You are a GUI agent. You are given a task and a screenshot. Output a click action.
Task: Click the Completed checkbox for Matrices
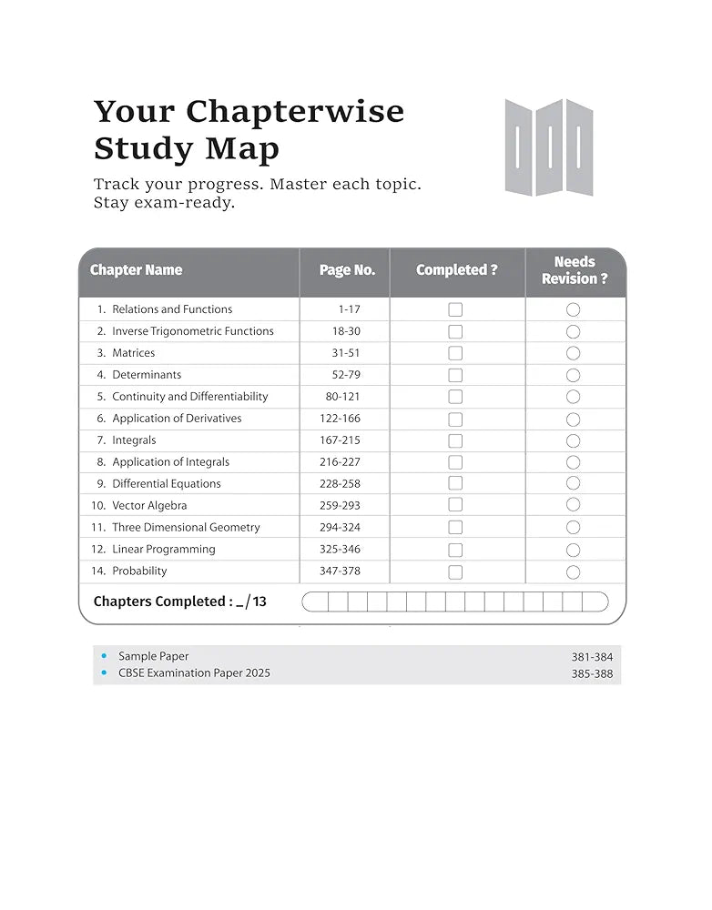pos(455,353)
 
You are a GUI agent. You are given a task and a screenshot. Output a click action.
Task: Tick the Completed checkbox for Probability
pos(455,572)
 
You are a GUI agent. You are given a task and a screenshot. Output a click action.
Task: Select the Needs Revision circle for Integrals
pos(573,440)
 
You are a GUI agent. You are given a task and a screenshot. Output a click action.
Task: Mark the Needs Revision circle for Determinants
pos(573,375)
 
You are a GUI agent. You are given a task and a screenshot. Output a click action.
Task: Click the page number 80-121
pos(342,397)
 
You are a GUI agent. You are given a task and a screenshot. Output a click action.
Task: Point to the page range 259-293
pos(340,506)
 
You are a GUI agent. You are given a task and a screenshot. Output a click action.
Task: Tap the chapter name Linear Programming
pos(163,550)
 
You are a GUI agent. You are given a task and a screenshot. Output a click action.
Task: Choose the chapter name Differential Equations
pos(166,484)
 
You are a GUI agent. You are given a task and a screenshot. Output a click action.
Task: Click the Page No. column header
pos(347,270)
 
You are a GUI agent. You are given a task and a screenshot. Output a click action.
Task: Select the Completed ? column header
pos(457,270)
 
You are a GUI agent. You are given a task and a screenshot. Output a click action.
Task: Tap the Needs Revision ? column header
pos(575,270)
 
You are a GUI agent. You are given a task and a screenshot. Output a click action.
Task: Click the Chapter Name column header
pos(136,270)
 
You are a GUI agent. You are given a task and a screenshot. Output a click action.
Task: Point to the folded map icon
pos(549,147)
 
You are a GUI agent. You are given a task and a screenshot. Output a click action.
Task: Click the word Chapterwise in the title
pos(295,112)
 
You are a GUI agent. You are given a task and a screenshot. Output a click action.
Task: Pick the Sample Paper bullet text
pos(153,656)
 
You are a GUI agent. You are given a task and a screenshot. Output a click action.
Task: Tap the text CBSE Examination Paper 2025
pos(194,673)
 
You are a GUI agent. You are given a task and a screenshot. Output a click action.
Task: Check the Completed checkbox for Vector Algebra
pos(455,506)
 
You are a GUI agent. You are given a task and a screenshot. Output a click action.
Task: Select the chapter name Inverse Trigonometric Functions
pos(192,331)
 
